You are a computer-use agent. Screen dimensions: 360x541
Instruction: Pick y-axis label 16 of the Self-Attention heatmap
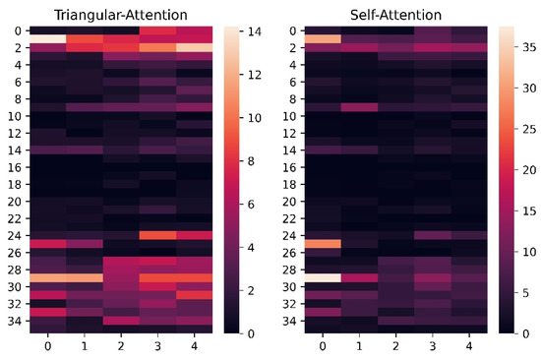click(292, 167)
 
